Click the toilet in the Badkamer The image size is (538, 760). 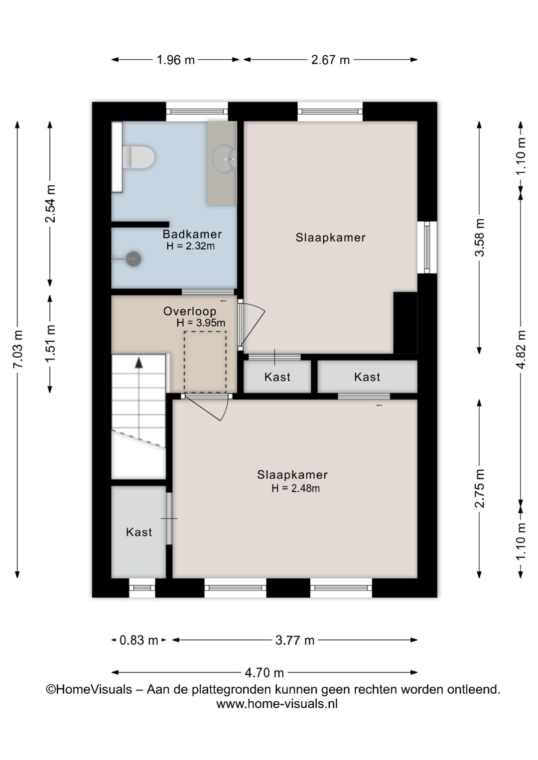138,157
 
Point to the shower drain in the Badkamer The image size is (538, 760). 134,259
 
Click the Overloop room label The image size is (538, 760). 189,311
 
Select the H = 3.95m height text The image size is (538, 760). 201,323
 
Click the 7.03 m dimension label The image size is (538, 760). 17,349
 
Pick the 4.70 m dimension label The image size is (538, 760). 264,672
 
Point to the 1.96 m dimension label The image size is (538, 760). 175,60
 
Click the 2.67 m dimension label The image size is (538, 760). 330,60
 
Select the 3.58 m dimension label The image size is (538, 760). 479,238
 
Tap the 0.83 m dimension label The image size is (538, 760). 139,640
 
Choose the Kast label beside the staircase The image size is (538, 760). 139,532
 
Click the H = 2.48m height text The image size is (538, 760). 295,488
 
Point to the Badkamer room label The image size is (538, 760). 192,234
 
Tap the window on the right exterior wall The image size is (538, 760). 427,247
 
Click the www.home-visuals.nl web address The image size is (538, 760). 277,704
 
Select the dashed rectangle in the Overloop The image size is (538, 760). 205,362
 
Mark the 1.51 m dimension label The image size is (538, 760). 50,344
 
